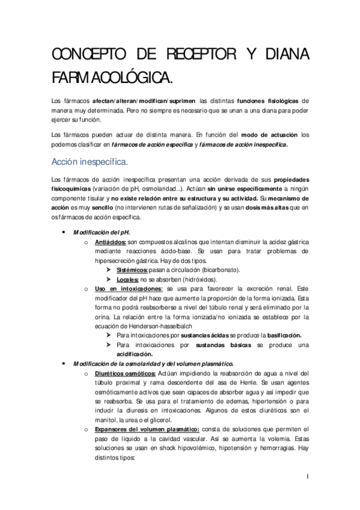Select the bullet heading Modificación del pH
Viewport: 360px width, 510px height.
(101, 232)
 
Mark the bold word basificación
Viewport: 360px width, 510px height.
(276, 335)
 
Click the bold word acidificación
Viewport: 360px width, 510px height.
(136, 355)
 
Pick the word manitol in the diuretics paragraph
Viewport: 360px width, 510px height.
(107, 420)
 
